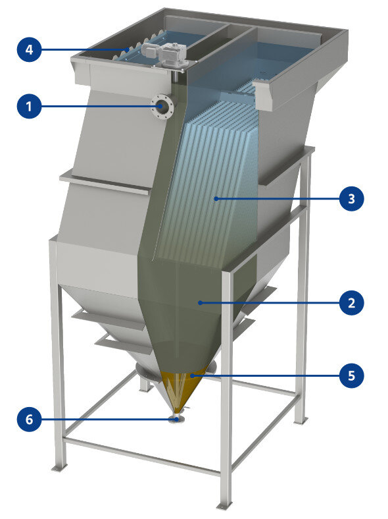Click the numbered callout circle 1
29,106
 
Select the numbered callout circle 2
352,302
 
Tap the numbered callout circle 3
352,199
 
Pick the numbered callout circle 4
29,49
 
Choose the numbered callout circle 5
352,375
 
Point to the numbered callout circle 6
29,420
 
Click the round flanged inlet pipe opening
162,106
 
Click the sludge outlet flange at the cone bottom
177,419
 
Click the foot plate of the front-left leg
60,468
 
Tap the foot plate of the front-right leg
225,505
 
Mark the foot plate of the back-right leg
301,421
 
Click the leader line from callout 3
277,199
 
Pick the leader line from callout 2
269,302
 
